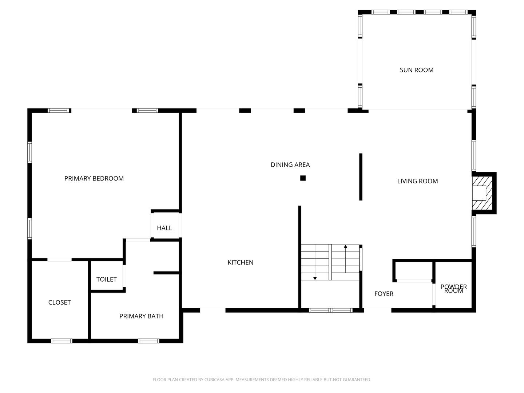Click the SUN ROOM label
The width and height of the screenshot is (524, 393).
[x=416, y=70]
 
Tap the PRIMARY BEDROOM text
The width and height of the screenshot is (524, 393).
[x=94, y=178]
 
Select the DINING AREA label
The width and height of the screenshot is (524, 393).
[x=290, y=165]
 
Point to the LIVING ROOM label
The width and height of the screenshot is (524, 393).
[x=417, y=181]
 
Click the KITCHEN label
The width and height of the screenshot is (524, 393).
[x=240, y=262]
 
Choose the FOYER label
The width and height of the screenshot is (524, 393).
[x=384, y=294]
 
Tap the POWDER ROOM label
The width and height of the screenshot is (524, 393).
[x=453, y=289]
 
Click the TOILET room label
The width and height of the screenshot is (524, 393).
[x=106, y=279]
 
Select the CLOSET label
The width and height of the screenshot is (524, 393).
[x=59, y=302]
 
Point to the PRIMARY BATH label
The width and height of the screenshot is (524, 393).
[x=141, y=316]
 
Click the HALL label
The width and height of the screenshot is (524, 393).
[x=164, y=228]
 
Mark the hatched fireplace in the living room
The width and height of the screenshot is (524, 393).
[x=483, y=193]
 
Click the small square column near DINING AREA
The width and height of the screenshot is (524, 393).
[x=303, y=178]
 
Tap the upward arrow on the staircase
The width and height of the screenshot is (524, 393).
[x=345, y=247]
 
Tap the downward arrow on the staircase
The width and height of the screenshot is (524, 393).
[x=315, y=278]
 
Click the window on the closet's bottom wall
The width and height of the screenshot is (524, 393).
[x=61, y=341]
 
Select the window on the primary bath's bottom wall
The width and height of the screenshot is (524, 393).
[x=148, y=341]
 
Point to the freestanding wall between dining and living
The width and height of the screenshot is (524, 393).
[x=361, y=177]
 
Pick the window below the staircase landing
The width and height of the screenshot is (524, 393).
[x=330, y=310]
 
